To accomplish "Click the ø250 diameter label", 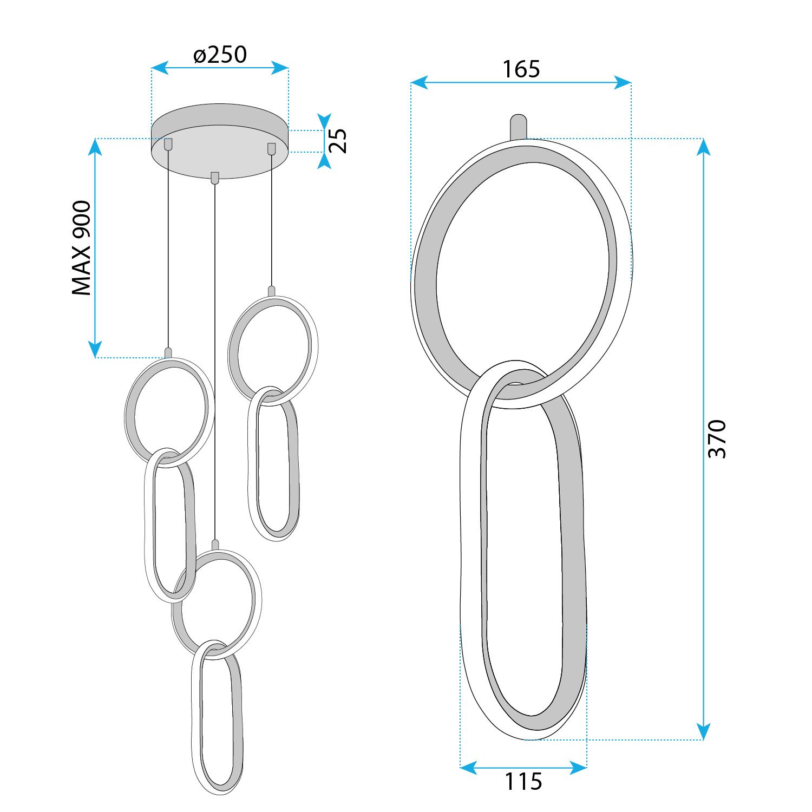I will [x=220, y=55].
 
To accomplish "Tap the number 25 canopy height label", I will [x=338, y=141].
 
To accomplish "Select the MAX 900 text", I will [x=82, y=248].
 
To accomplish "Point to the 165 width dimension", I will [x=521, y=69].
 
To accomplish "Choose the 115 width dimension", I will [x=523, y=781].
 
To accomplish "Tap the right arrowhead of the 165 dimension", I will [x=623, y=83].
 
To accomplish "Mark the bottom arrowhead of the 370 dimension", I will [x=703, y=731].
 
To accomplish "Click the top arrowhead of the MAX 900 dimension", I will [x=95, y=147].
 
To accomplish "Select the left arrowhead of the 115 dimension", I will [x=468, y=767].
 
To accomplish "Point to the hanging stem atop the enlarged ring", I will [x=518, y=127].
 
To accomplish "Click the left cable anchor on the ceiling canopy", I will [x=168, y=144].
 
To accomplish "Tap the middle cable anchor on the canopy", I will [x=215, y=178].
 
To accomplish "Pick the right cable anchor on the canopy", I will [x=271, y=148].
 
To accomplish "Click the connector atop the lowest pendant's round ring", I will [x=215, y=545].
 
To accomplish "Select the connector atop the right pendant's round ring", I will [x=271, y=291].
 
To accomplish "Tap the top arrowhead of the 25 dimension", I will [x=324, y=121].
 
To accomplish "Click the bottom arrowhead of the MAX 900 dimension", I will [x=95, y=350].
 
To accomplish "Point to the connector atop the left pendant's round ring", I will [x=168, y=353].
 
